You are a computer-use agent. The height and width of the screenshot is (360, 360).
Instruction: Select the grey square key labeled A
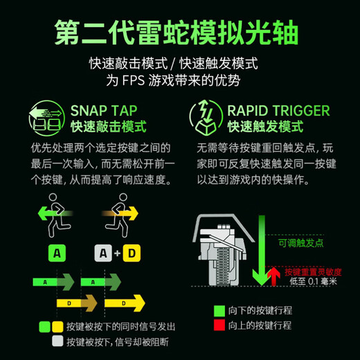tap(102, 254)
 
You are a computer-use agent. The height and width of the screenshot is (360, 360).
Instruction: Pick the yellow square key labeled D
tap(131, 254)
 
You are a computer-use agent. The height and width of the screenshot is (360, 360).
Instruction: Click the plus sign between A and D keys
tap(117, 254)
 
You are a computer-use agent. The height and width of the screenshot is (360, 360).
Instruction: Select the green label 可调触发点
tap(300, 244)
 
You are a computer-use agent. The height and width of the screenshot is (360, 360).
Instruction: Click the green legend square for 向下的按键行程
tap(219, 310)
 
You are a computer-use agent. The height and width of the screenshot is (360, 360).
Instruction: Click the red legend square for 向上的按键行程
tap(219, 325)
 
